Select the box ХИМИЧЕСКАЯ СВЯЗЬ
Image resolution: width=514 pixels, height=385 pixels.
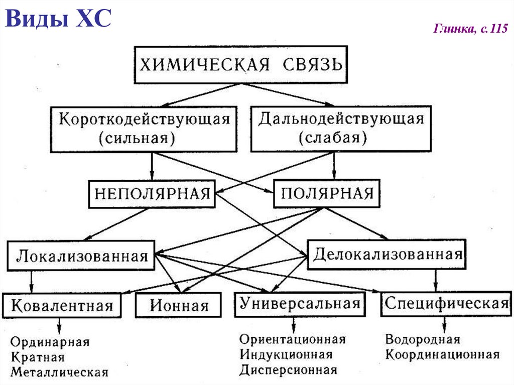[241, 65]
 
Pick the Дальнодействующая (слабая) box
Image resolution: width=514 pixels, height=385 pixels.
[341, 129]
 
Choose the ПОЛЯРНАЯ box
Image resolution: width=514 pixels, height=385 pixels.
[326, 194]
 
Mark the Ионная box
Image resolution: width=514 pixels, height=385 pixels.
[178, 305]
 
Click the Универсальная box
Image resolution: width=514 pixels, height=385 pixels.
[300, 303]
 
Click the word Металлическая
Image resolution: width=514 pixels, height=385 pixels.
[59, 372]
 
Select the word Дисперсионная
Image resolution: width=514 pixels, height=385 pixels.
[288, 370]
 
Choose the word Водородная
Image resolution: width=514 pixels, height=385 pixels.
[423, 339]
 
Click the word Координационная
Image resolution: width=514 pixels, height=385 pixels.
[442, 355]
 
